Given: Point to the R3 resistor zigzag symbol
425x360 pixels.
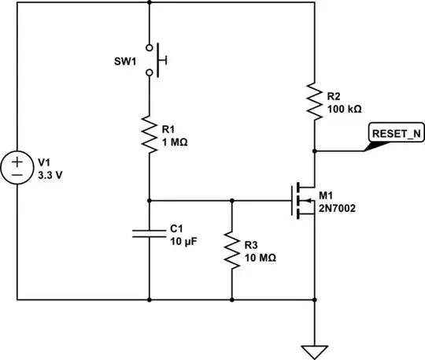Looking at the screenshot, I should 232,251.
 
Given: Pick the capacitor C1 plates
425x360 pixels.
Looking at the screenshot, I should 149,233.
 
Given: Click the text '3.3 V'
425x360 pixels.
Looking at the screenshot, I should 49,175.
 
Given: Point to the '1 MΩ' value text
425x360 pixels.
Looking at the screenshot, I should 175,143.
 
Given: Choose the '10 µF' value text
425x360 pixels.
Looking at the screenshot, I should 183,241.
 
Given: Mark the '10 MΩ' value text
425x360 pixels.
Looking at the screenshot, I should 260,258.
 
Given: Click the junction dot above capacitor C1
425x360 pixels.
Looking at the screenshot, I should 149,200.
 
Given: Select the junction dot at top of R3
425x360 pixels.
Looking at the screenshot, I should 232,200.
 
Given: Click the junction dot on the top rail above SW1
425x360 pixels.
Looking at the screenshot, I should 149,2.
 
